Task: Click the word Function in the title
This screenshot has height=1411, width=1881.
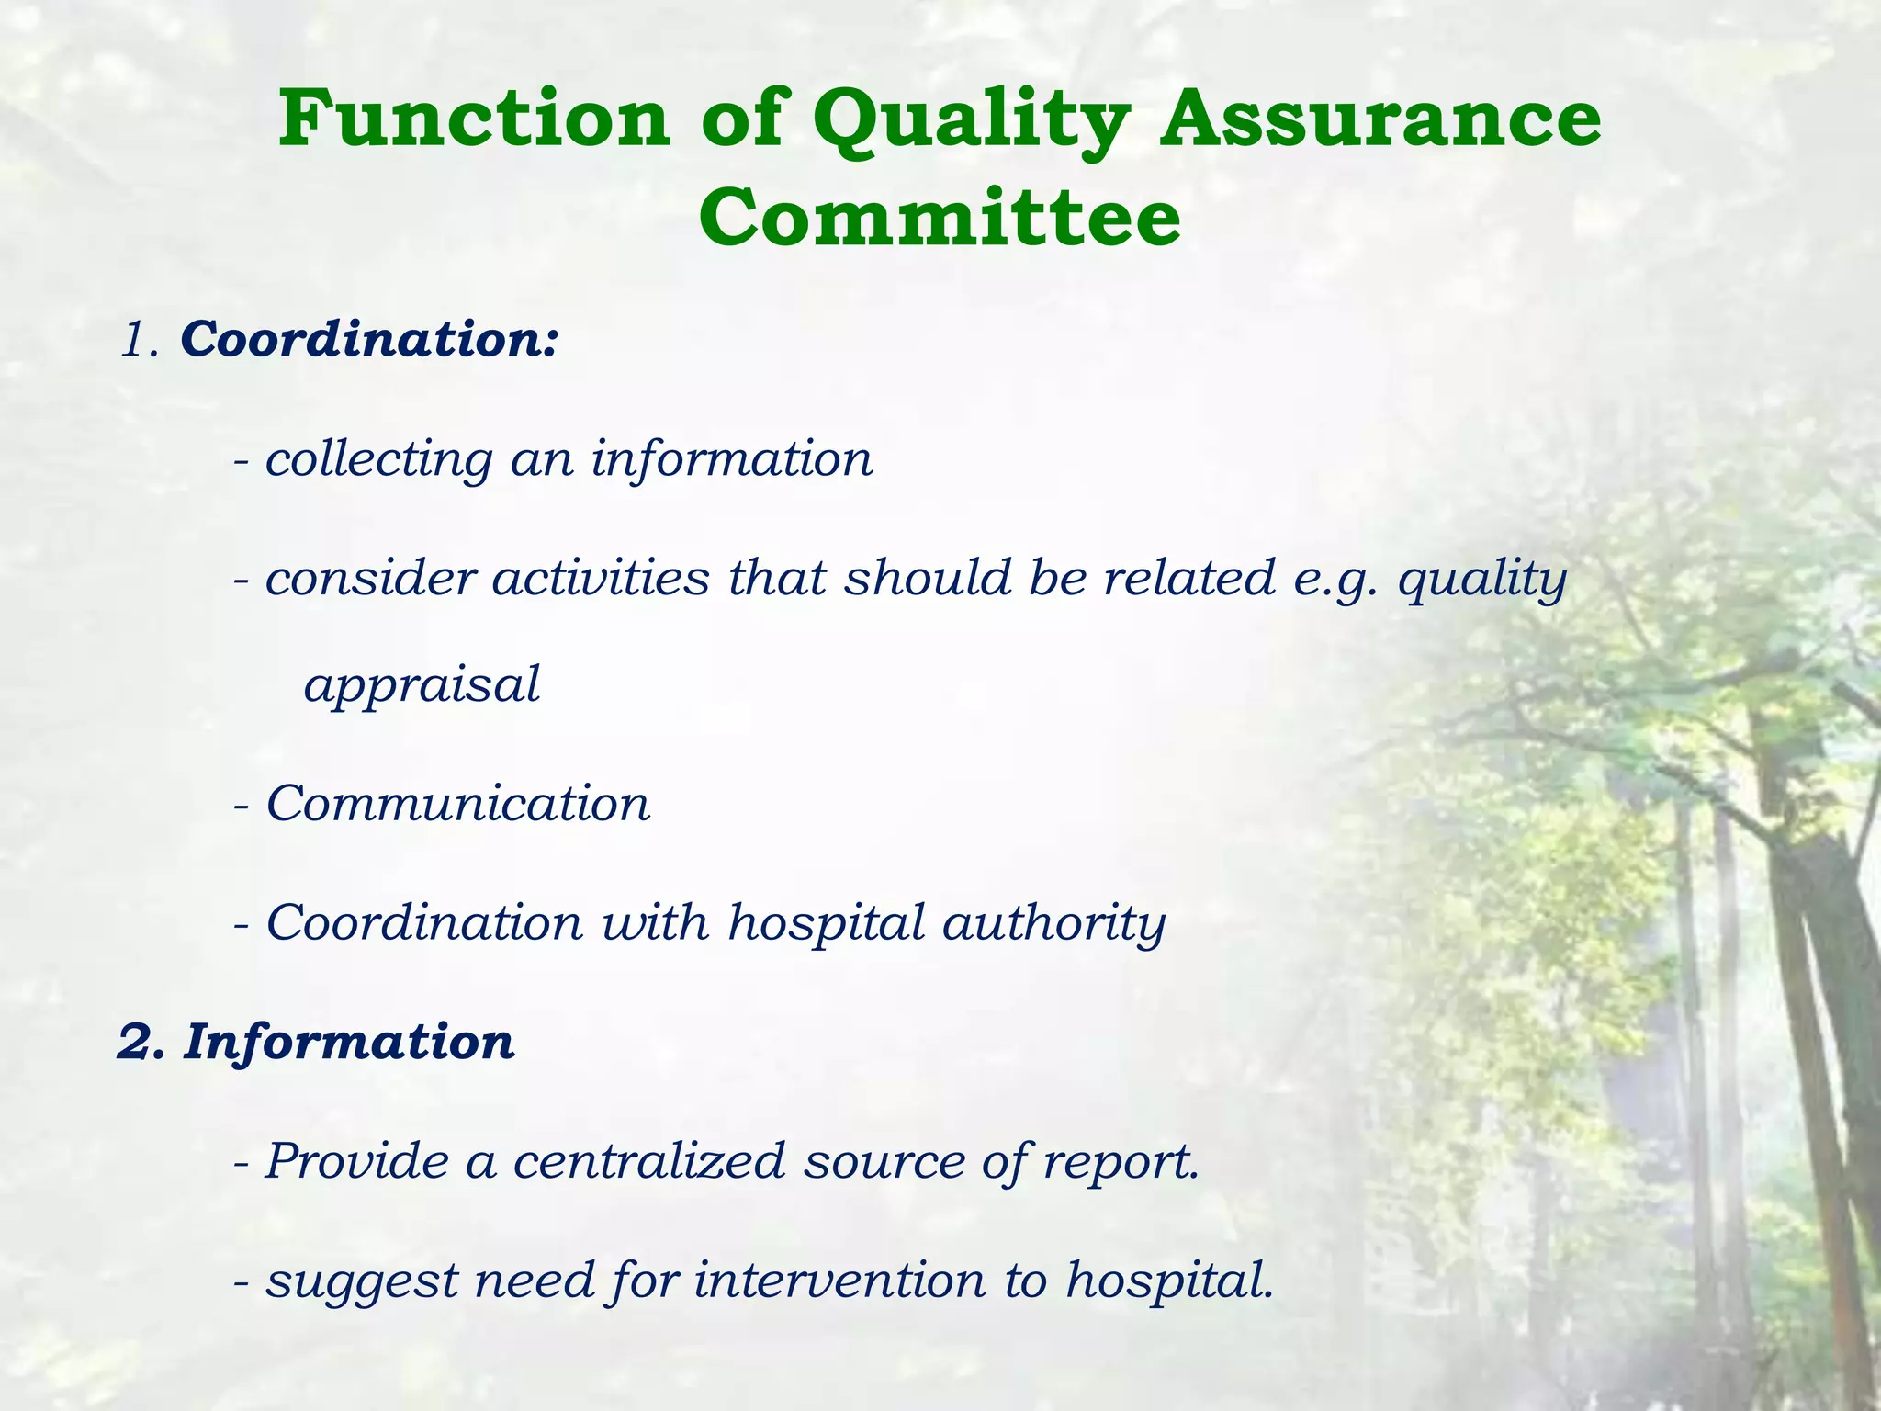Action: point(474,119)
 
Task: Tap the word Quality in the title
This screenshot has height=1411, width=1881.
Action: point(972,121)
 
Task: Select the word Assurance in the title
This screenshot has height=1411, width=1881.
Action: point(1380,119)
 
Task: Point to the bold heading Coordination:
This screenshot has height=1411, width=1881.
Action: point(369,339)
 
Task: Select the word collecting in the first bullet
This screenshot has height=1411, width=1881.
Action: point(378,459)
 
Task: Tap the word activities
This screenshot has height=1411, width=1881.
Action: point(601,579)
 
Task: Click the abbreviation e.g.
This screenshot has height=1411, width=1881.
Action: point(1335,581)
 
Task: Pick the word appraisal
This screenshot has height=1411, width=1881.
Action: point(422,685)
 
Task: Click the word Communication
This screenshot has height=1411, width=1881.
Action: point(457,804)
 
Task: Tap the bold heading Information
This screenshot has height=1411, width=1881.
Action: point(349,1042)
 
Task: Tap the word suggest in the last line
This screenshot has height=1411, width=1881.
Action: point(361,1282)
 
